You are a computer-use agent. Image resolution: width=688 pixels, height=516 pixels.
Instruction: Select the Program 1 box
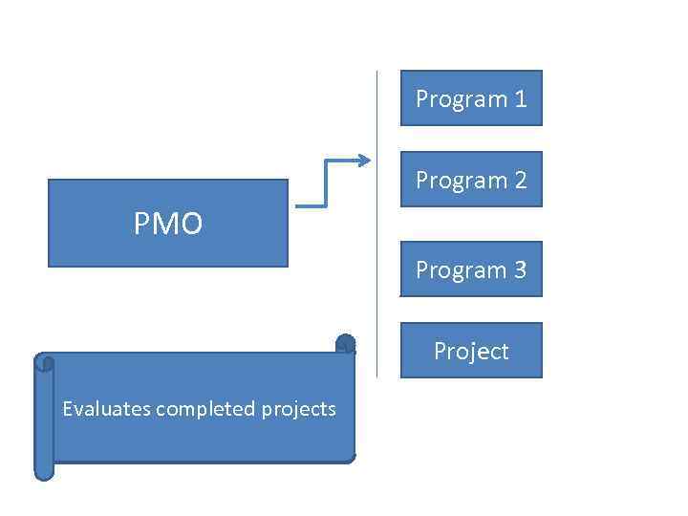(471, 98)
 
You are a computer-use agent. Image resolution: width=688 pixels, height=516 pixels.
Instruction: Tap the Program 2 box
(471, 180)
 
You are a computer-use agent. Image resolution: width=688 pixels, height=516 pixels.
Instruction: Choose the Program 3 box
(471, 269)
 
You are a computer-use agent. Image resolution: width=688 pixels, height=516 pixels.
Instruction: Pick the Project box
(471, 351)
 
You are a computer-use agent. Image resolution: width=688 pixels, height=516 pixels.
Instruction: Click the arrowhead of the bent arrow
(363, 161)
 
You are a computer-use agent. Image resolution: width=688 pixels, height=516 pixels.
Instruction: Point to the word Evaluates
(106, 409)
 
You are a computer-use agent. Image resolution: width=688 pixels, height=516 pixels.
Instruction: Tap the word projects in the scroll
(299, 410)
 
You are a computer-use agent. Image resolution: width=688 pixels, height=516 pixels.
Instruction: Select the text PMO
(168, 224)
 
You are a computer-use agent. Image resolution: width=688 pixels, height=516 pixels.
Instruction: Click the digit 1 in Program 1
(521, 98)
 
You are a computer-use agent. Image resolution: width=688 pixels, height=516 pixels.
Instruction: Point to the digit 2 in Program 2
(521, 180)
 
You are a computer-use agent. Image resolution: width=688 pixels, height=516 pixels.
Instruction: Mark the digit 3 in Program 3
(521, 269)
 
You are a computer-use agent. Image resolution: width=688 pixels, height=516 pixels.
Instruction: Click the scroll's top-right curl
(346, 343)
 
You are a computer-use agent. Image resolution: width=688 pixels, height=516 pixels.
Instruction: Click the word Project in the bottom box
(471, 352)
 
